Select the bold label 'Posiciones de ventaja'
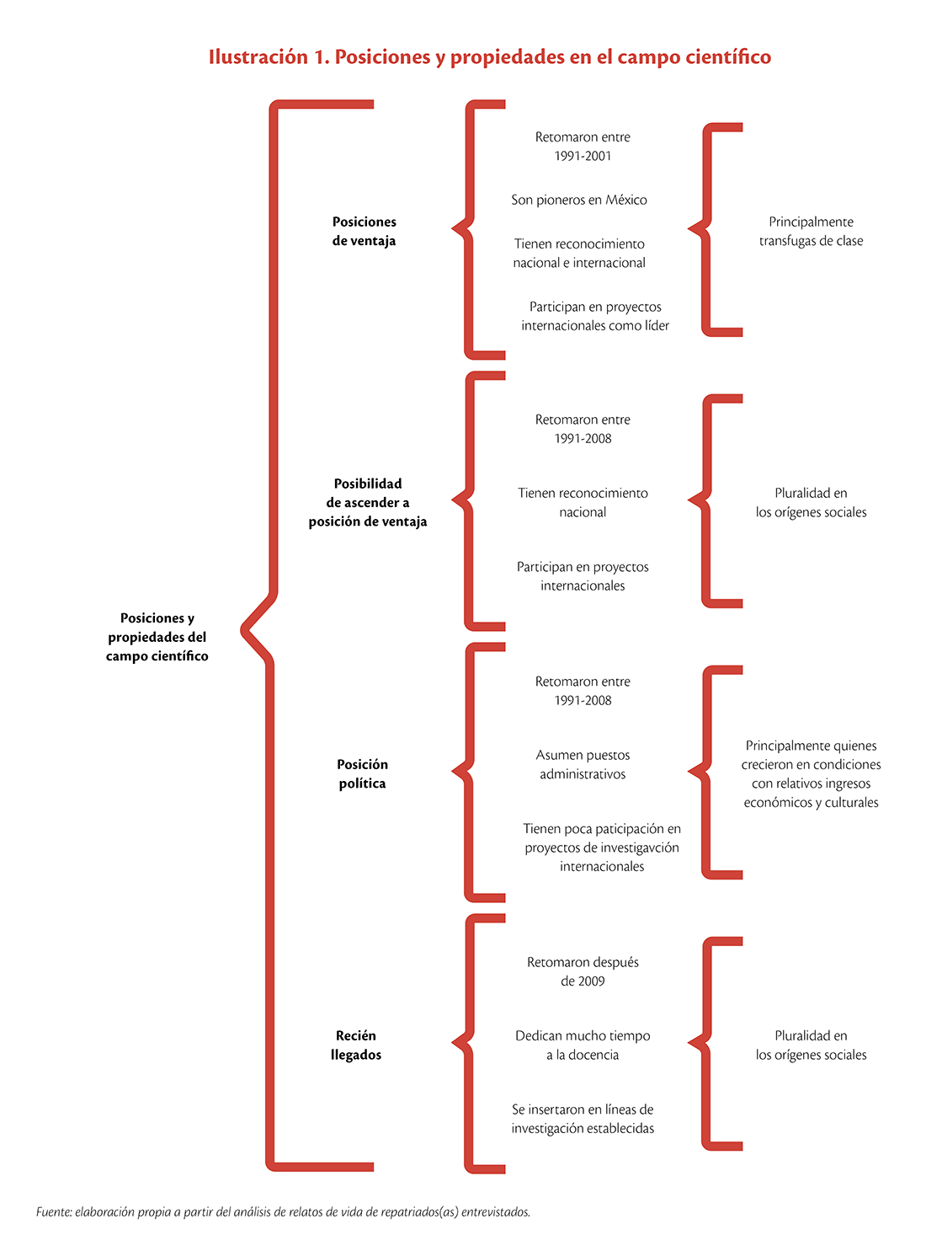pyautogui.click(x=364, y=231)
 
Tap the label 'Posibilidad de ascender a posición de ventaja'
pyautogui.click(x=368, y=502)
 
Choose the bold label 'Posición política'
pyautogui.click(x=362, y=773)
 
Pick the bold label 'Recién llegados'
pyautogui.click(x=355, y=1045)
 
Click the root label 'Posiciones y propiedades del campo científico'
pyautogui.click(x=157, y=637)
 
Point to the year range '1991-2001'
pyautogui.click(x=583, y=156)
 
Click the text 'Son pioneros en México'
pyautogui.click(x=579, y=200)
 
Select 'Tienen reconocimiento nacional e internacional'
pyautogui.click(x=579, y=254)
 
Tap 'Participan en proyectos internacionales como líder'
pyautogui.click(x=594, y=316)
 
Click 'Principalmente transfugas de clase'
pyautogui.click(x=811, y=231)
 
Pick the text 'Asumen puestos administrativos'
pyautogui.click(x=583, y=764)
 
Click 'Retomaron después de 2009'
pyautogui.click(x=583, y=971)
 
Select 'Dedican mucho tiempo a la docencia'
pyautogui.click(x=583, y=1045)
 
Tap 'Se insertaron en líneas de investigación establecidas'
pyautogui.click(x=583, y=1119)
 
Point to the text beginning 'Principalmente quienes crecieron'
pyautogui.click(x=811, y=773)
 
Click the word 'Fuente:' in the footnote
pyautogui.click(x=54, y=1211)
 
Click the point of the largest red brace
pyautogui.click(x=243, y=630)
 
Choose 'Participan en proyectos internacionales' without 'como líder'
pyautogui.click(x=583, y=576)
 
